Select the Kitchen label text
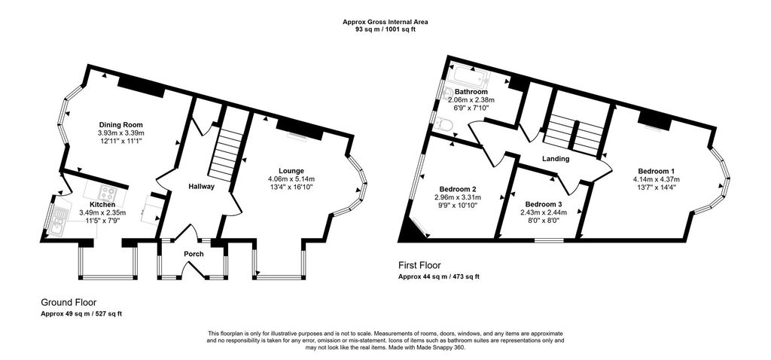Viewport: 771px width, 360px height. point(102,205)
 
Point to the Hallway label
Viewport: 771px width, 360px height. point(202,187)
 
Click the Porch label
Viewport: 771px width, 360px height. point(194,255)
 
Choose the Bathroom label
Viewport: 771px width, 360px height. point(471,92)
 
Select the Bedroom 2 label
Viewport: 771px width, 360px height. point(457,189)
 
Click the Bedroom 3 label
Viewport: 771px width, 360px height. point(544,205)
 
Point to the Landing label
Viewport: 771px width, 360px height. point(556,159)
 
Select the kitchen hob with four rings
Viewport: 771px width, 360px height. point(108,192)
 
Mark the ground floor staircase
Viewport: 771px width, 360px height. point(224,154)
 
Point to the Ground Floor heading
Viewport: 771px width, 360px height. point(69,303)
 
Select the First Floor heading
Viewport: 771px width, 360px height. point(419,266)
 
